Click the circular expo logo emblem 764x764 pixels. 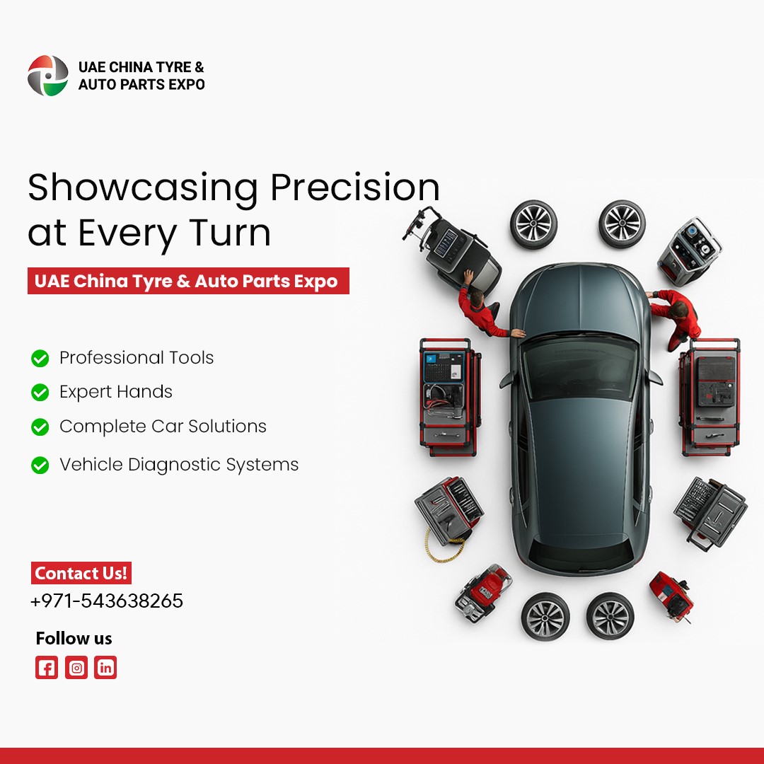[x=48, y=76]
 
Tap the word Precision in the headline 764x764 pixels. [x=355, y=187]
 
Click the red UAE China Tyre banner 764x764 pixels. [x=188, y=281]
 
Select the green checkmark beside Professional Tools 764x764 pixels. [x=40, y=358]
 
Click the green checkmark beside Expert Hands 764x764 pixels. [x=40, y=392]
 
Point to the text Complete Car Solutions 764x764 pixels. [x=163, y=427]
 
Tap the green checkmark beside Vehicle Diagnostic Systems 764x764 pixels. [x=40, y=465]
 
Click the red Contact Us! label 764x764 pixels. [x=81, y=573]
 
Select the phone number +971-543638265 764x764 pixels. [x=107, y=601]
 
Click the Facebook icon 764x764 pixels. [x=47, y=668]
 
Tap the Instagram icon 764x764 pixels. [x=76, y=668]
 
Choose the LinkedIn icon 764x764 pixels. [x=105, y=668]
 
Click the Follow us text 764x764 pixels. [x=74, y=638]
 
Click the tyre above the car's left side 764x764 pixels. [x=534, y=224]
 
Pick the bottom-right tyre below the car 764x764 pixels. [x=610, y=616]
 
